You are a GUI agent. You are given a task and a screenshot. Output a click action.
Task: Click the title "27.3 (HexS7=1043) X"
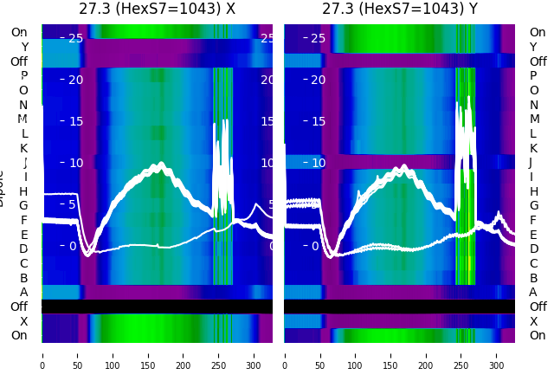157,10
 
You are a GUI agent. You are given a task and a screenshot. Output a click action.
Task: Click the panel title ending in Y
399,10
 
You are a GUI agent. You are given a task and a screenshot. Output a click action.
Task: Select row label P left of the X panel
23,76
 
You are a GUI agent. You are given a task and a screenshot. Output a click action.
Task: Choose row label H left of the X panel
23,191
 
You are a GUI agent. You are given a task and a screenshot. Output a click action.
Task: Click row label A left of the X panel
23,293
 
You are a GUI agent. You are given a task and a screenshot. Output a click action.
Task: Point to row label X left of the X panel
23,321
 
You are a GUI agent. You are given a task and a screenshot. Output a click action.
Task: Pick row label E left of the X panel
23,235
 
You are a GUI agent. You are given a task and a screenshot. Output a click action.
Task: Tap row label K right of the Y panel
533,148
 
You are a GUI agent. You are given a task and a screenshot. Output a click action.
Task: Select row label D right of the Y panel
533,249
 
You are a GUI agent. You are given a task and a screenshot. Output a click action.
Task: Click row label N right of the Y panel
533,105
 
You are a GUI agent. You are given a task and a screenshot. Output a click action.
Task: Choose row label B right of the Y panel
533,278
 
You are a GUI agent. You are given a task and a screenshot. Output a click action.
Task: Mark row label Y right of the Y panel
533,47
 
